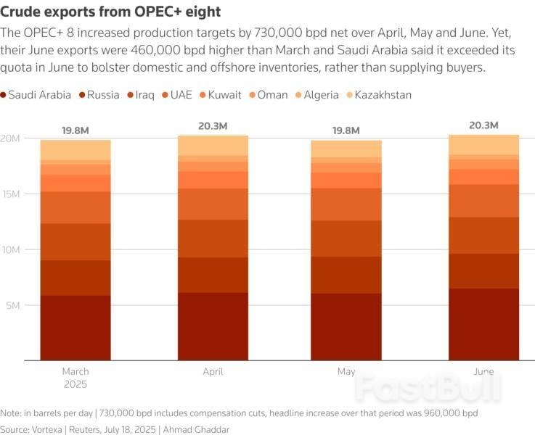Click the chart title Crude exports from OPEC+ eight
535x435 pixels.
point(110,12)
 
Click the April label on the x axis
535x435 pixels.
point(213,372)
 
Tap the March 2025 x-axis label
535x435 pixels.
point(75,378)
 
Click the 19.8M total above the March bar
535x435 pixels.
point(75,130)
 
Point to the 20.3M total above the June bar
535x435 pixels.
point(484,125)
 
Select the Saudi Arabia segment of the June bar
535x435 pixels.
point(484,323)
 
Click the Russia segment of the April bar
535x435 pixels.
point(213,275)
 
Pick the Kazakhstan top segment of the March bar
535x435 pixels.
point(75,149)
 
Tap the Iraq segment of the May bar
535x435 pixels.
point(346,239)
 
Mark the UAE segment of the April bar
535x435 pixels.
point(213,204)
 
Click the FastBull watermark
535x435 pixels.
point(428,387)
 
